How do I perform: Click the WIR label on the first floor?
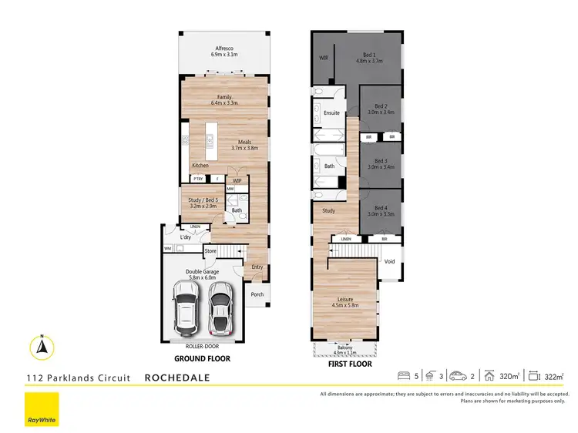(x=324, y=58)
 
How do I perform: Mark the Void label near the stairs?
(x=389, y=261)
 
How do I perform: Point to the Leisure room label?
(x=345, y=302)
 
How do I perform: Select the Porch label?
(x=257, y=294)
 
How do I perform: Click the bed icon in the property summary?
(x=403, y=376)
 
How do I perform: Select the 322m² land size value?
(x=554, y=377)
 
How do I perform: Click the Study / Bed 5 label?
(x=204, y=202)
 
